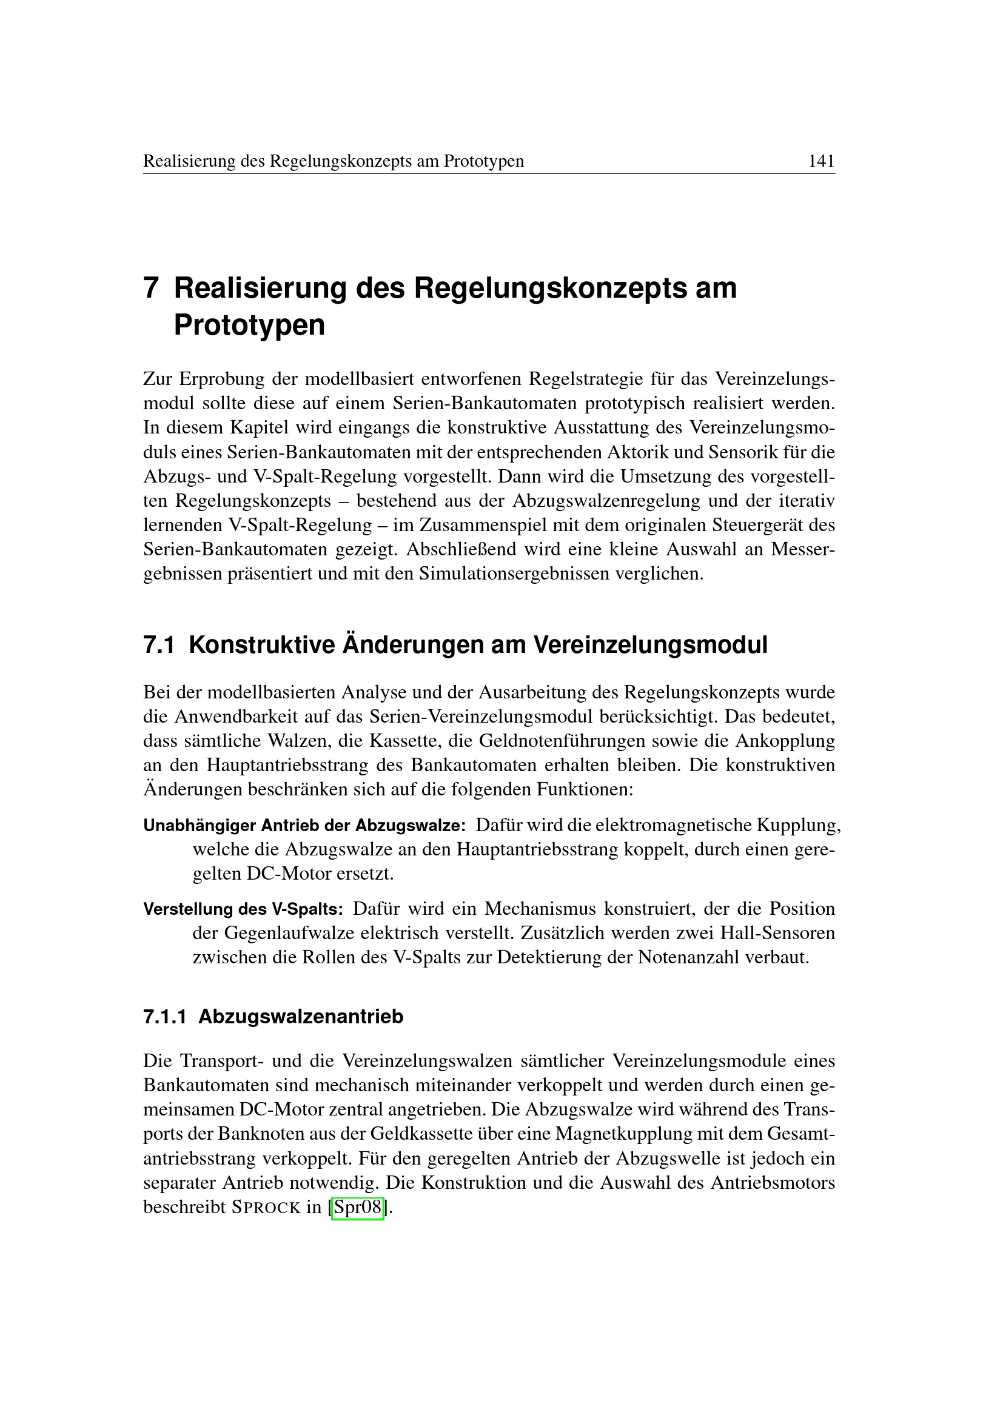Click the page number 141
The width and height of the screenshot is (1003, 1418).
point(822,161)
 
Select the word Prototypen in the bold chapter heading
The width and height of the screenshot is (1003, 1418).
point(249,326)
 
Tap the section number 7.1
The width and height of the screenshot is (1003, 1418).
point(159,645)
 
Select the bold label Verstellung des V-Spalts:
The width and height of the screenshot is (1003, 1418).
point(243,909)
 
